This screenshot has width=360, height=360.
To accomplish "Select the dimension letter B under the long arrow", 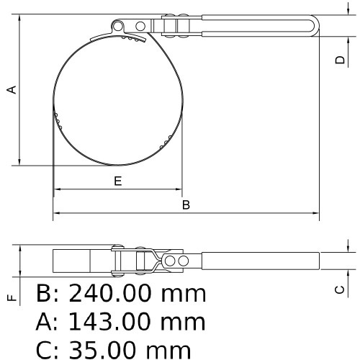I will pyautogui.click(x=185, y=204).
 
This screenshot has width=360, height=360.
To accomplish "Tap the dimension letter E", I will pyautogui.click(x=117, y=181).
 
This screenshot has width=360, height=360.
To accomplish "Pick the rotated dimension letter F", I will pyautogui.click(x=11, y=297).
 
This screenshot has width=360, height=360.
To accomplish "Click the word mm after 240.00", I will pyautogui.click(x=183, y=294).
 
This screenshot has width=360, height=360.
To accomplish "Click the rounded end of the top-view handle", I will pyautogui.click(x=314, y=25).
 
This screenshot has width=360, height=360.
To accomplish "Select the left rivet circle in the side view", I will pyautogui.click(x=171, y=260).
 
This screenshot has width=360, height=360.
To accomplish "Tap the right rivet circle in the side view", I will pyautogui.click(x=185, y=260).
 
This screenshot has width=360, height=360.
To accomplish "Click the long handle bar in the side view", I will pyautogui.click(x=259, y=260).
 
